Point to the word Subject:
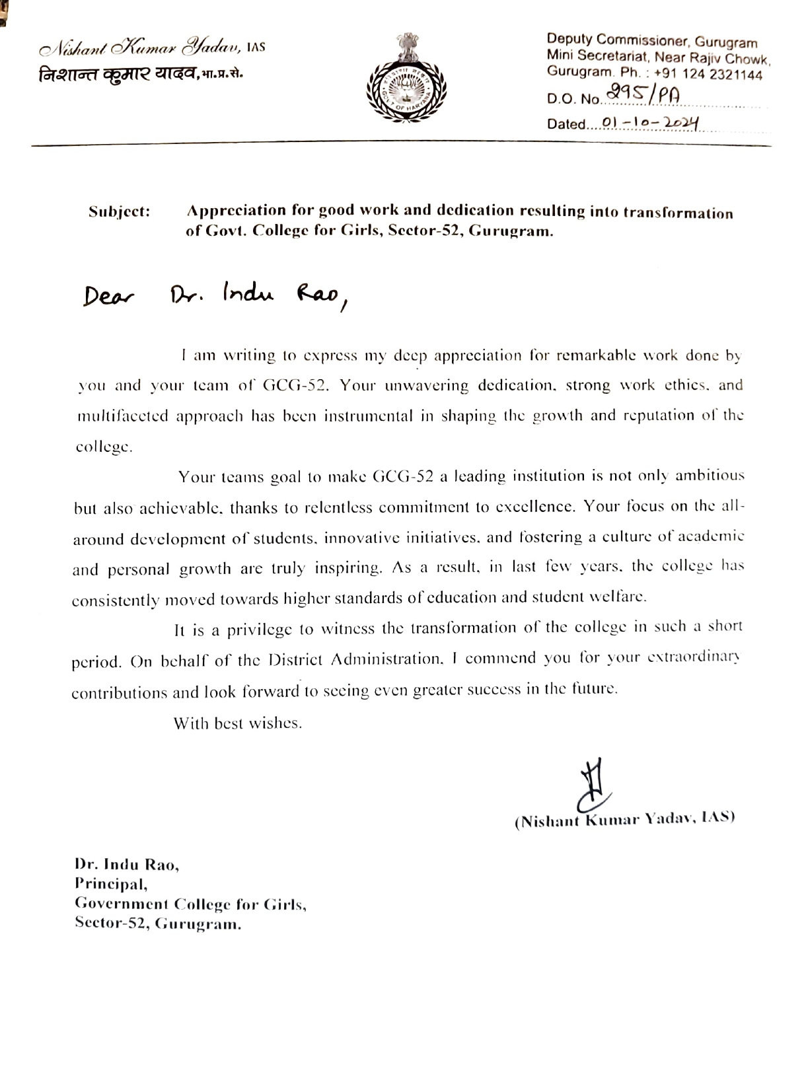tap(120, 212)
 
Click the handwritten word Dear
tap(108, 297)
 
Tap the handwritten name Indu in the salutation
tap(248, 293)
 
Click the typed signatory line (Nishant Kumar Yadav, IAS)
tap(624, 819)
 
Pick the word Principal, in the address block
tap(111, 883)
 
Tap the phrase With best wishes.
tap(238, 723)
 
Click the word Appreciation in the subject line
tap(235, 211)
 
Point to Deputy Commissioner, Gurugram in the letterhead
tap(651, 42)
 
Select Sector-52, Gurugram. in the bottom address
tap(158, 924)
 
